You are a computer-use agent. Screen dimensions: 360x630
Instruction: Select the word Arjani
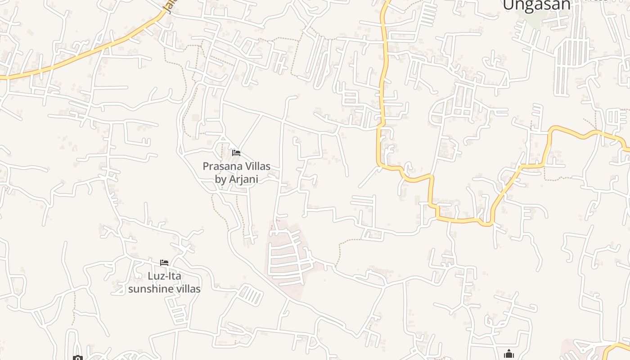243,179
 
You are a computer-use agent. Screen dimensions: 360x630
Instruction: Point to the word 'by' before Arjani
220,179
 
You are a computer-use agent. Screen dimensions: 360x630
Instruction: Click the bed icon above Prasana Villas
236,153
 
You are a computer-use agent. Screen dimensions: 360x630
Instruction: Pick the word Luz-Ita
164,276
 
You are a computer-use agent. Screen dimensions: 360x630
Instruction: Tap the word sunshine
150,288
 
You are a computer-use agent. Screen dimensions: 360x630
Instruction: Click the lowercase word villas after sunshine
187,288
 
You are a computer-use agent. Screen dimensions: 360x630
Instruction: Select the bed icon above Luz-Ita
164,263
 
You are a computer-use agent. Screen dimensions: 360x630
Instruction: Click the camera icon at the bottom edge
78,358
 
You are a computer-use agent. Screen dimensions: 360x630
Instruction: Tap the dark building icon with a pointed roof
509,354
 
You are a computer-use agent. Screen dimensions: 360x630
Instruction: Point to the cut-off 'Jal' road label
168,7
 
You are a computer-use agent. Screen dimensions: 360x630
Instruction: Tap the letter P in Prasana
206,166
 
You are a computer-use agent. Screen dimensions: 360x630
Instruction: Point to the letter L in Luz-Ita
150,276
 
